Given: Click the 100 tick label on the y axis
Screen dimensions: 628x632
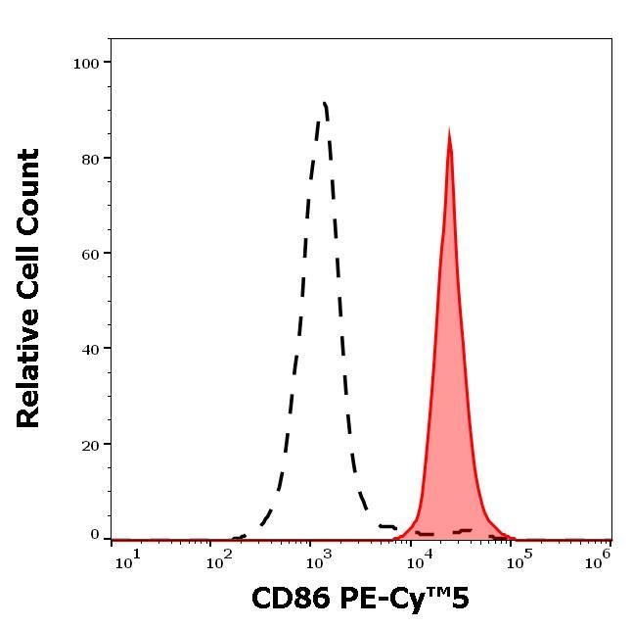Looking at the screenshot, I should pos(86,64).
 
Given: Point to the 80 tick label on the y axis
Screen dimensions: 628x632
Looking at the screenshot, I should pos(90,159).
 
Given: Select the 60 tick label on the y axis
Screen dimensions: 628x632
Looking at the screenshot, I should pos(90,254).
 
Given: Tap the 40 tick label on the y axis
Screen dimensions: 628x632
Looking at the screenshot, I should pos(90,349).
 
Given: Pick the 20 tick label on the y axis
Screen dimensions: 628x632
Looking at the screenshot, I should pos(90,444).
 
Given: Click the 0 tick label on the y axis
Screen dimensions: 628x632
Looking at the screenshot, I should pos(95,535).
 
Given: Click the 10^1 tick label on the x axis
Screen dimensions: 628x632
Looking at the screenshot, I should pos(127,556).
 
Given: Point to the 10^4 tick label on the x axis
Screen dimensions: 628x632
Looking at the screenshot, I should pos(421,556).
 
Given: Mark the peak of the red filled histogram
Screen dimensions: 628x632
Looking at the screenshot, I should pos(449,130).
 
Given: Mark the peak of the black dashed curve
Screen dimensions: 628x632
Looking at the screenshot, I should pos(324,103).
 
